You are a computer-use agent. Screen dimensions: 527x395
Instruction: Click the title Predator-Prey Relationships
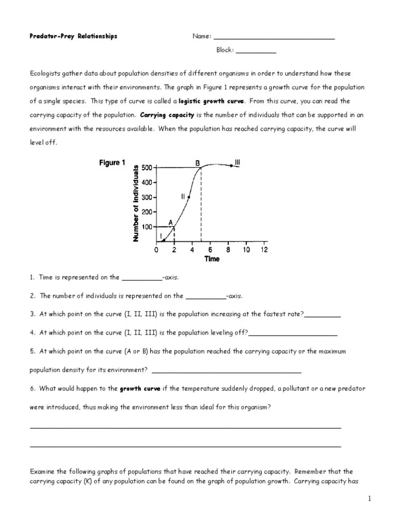pos(74,37)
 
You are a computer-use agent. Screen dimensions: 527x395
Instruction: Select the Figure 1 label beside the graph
pos(112,163)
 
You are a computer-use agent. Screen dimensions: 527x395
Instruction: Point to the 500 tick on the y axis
pos(147,168)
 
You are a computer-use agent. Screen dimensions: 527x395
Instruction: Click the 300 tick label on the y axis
pos(147,197)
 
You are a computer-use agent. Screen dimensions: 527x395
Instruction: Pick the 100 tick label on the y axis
pos(147,226)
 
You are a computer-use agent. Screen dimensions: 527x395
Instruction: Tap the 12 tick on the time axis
pos(264,250)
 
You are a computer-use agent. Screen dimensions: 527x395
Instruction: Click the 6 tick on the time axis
pos(210,250)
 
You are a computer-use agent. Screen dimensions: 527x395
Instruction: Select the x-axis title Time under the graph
pos(212,259)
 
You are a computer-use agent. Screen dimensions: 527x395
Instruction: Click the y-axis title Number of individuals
pos(136,203)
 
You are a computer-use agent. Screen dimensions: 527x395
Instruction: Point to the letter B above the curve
pos(197,163)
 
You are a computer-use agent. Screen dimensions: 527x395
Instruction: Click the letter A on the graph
pos(170,222)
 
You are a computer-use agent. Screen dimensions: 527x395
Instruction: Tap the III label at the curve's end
pos(237,163)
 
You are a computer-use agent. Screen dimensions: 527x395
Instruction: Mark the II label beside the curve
pos(183,197)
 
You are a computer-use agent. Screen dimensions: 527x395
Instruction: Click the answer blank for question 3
pos(322,314)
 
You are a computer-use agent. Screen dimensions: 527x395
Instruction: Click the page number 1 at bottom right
pos(369,499)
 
